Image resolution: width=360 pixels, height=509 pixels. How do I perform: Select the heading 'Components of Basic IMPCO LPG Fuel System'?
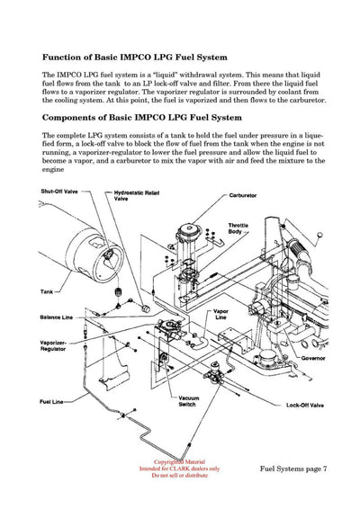click(x=141, y=117)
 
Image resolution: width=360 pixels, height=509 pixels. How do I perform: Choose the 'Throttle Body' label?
click(x=238, y=228)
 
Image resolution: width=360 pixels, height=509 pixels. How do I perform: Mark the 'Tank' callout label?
click(x=46, y=291)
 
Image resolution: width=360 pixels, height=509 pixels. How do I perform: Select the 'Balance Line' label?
click(x=56, y=317)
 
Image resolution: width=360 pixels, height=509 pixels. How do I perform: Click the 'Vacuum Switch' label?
click(x=188, y=401)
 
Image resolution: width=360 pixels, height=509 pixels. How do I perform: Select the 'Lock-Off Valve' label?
click(x=303, y=406)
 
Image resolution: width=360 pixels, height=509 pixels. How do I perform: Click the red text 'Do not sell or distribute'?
click(x=179, y=475)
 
